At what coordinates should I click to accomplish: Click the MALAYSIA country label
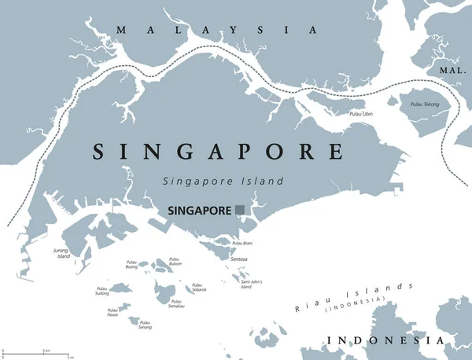pyautogui.click(x=216, y=30)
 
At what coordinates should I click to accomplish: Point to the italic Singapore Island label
pyautogui.click(x=223, y=181)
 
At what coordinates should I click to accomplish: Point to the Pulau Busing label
pyautogui.click(x=131, y=266)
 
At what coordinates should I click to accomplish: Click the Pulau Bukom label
pyautogui.click(x=175, y=262)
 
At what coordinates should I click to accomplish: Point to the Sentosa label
pyautogui.click(x=240, y=259)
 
